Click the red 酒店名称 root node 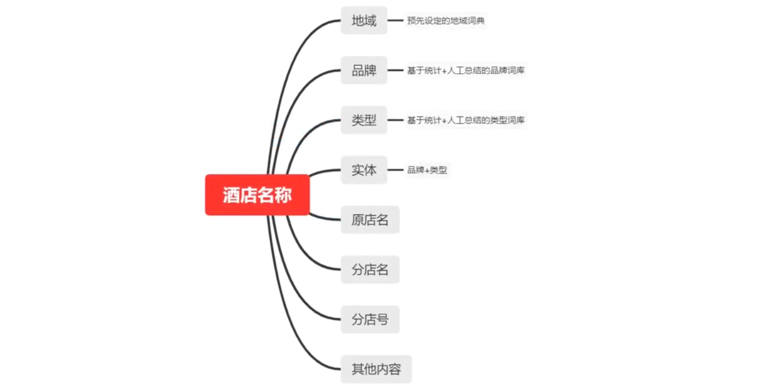[257, 195]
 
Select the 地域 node [364, 21]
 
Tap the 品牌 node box [364, 70]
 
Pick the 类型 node [364, 120]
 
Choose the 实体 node [364, 170]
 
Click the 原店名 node [370, 220]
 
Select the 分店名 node [370, 270]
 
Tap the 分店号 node [370, 319]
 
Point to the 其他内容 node [376, 369]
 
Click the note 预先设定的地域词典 [445, 21]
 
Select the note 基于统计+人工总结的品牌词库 [466, 70]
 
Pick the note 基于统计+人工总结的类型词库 [466, 120]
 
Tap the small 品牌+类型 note [427, 170]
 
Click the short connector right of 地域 [395, 21]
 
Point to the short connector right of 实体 [395, 170]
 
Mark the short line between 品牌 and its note [395, 70]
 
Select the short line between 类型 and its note [395, 120]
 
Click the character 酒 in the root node [231, 195]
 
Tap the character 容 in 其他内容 [395, 369]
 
